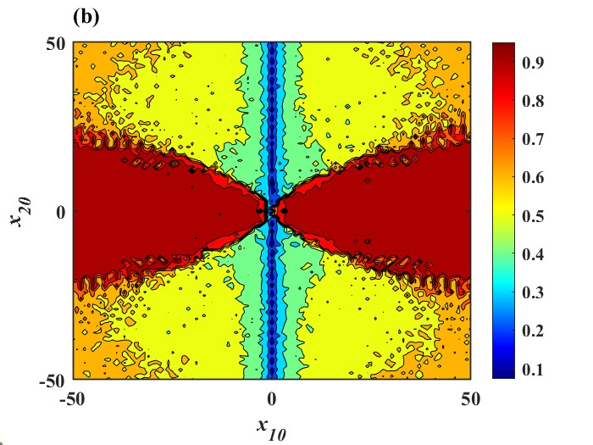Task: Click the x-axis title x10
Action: [x=273, y=428]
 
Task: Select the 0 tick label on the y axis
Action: [x=60, y=211]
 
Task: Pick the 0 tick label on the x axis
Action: [x=272, y=398]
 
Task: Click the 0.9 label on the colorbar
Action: [x=534, y=63]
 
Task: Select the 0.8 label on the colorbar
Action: [x=534, y=101]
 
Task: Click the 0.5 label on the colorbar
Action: [x=534, y=216]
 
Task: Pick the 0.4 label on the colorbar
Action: [x=534, y=254]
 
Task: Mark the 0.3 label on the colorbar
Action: [x=534, y=292]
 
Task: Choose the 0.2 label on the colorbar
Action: [x=534, y=331]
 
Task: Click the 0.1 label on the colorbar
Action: [x=534, y=369]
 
